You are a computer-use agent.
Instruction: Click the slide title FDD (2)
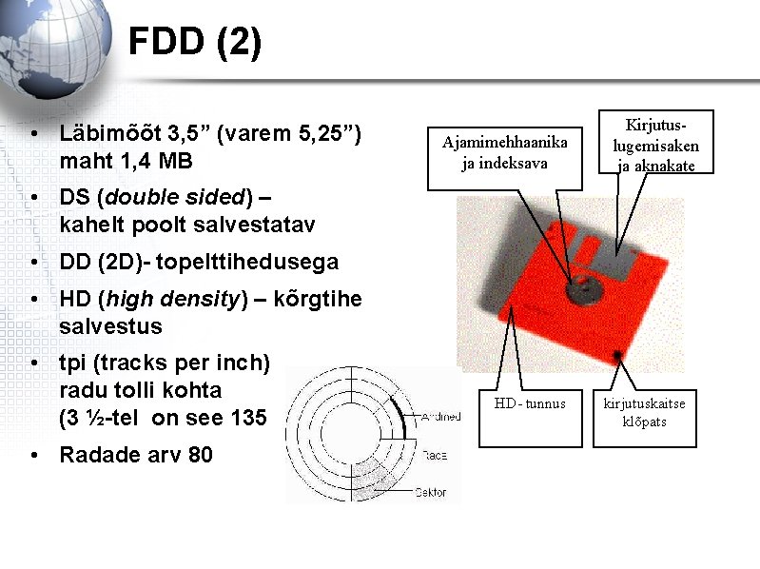pos(195,43)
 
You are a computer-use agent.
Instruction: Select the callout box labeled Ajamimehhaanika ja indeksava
pos(504,152)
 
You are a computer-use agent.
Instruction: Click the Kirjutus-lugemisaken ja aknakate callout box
pos(655,145)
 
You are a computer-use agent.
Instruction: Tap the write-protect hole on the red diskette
pos(618,355)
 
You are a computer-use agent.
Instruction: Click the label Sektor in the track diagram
pos(430,493)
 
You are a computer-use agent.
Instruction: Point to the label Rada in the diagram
pos(435,456)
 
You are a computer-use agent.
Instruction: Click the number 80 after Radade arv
pos(201,455)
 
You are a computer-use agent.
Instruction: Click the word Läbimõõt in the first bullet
pos(106,134)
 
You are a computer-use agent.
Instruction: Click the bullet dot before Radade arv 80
pos(33,456)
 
